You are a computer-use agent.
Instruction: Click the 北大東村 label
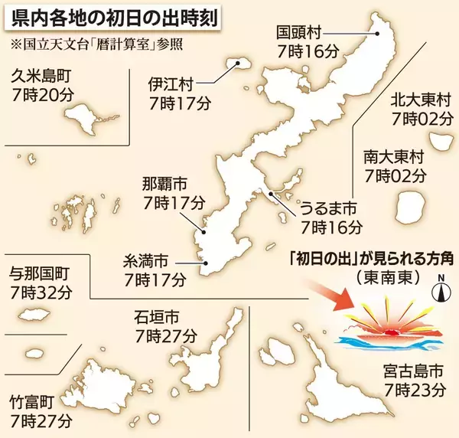422,101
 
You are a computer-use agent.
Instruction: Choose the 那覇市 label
164,186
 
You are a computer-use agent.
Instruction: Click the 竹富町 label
33,401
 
